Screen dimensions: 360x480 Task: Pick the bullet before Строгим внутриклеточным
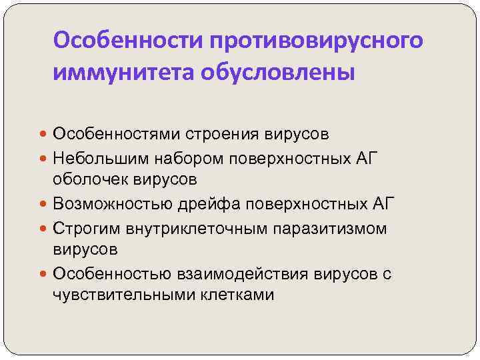[x=43, y=228]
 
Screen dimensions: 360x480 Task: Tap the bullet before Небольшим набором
[x=43, y=158]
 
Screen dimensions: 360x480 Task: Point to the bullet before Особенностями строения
[x=43, y=134]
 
